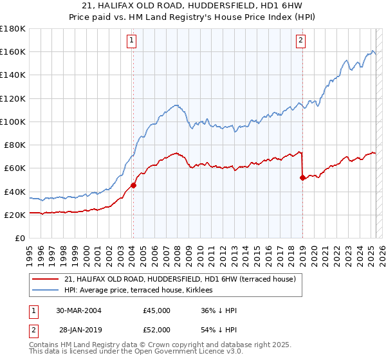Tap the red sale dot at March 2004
pyautogui.click(x=133, y=186)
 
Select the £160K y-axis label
pyautogui.click(x=13, y=51)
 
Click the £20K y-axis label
pyautogui.click(x=15, y=215)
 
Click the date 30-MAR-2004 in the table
pyautogui.click(x=78, y=310)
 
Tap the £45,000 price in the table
pyautogui.click(x=157, y=310)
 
